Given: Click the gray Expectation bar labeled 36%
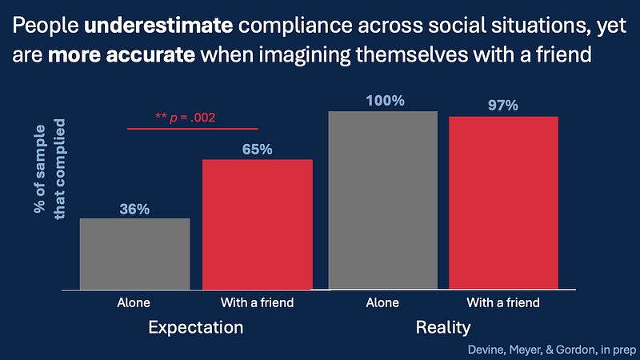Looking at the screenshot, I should point(134,254).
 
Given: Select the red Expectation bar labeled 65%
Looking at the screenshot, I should point(257,224).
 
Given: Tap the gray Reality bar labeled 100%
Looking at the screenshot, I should point(382,200).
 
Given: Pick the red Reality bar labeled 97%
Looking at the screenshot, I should point(503,202).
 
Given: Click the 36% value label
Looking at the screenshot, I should point(134,209).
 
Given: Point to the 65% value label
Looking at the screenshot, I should point(257,150).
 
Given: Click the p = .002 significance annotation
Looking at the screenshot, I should point(185,118).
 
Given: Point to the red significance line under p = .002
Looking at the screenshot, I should point(192,128).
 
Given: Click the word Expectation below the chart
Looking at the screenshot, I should point(196,328).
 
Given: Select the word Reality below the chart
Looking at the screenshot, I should point(443,328).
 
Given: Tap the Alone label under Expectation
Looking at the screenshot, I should point(134,302).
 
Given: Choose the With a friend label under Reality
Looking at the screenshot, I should point(503,302).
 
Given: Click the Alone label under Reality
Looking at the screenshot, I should point(382,302).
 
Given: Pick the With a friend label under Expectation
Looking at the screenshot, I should point(257,302).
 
